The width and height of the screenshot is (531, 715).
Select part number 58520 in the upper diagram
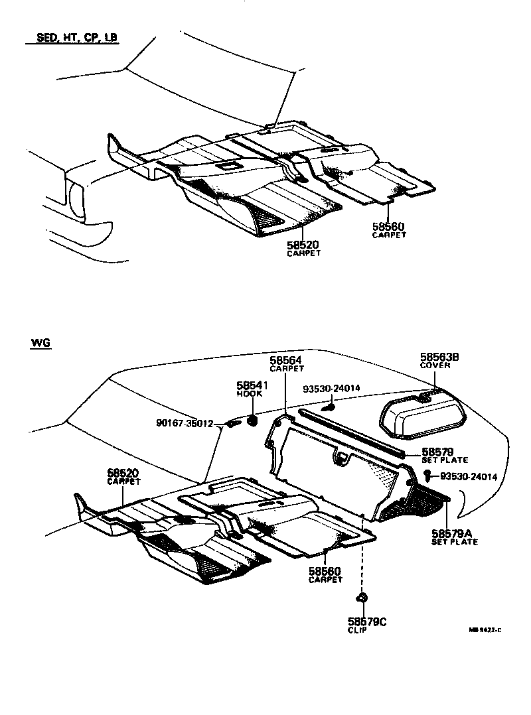pos(303,245)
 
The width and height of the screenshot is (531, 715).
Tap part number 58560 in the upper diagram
pos(389,226)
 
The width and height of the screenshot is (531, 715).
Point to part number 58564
pos(286,360)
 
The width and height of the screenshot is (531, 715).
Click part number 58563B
pos(439,357)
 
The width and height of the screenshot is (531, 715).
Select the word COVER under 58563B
pos(435,365)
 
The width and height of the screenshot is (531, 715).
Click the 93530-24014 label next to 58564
pos(332,389)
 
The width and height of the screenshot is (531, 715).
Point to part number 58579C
pos(366,621)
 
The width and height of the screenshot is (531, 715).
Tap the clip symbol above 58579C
pos(362,598)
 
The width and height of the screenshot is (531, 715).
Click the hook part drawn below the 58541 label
pos(252,421)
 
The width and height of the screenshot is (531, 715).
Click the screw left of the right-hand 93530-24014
pos(428,474)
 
